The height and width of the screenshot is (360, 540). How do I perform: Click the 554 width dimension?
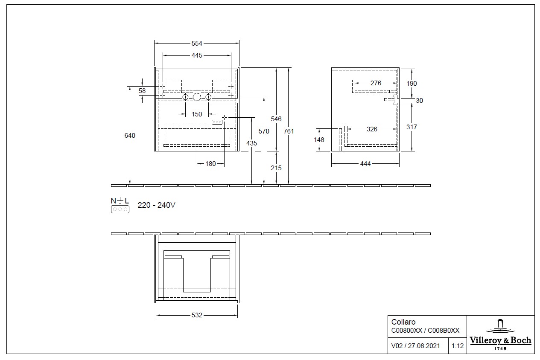(196, 44)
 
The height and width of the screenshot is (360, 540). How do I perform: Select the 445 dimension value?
(197, 55)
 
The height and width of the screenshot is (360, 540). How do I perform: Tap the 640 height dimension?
(130, 136)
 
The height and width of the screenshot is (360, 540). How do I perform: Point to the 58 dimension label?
(142, 91)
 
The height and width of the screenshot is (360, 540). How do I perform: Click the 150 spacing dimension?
(196, 114)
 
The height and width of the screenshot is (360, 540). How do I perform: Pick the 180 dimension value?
(210, 163)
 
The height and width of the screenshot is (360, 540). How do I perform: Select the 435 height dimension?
(252, 143)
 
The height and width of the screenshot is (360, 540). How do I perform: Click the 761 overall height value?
(289, 131)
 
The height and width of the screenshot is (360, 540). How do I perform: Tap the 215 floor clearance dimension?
(276, 168)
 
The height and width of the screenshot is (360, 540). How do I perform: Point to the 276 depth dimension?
(376, 83)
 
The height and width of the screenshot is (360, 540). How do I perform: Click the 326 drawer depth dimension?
(372, 129)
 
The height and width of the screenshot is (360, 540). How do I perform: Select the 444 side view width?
(365, 164)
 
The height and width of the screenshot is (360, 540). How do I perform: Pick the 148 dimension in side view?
(319, 140)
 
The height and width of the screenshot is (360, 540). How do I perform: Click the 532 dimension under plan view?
(197, 315)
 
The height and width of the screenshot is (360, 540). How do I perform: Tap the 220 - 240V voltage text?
(156, 205)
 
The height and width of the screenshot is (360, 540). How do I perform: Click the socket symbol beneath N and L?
(120, 209)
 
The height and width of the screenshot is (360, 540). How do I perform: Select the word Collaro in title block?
(403, 322)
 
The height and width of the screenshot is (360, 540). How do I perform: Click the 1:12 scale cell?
(457, 346)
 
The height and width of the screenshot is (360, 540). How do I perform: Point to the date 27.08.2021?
(423, 346)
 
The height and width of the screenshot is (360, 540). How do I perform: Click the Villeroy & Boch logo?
(500, 334)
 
